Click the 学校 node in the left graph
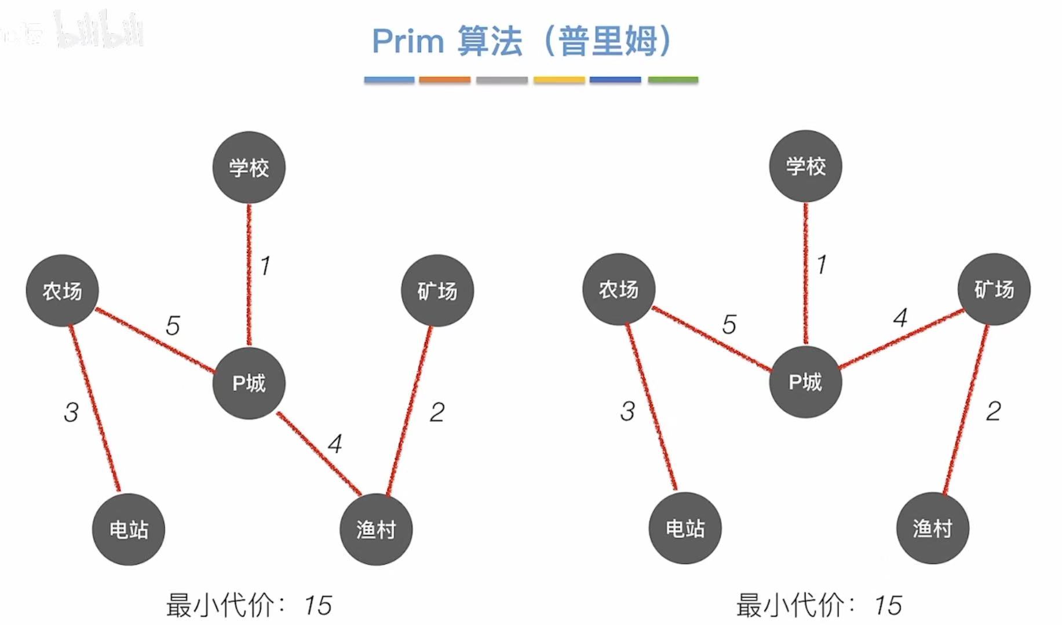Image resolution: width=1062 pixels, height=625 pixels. tap(249, 167)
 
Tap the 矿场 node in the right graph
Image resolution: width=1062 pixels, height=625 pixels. tap(994, 289)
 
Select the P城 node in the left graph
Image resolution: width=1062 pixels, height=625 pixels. tap(249, 382)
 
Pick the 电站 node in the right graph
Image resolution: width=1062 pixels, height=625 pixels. tap(685, 528)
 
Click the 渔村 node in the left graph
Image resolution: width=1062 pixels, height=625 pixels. tap(376, 529)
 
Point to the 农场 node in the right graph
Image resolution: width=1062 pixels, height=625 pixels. tap(619, 289)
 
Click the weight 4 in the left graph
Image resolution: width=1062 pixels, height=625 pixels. tap(335, 444)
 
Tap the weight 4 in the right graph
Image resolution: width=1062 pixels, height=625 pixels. tap(900, 317)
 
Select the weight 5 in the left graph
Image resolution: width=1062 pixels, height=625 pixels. tap(173, 326)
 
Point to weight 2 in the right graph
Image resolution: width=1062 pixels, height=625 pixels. tap(993, 411)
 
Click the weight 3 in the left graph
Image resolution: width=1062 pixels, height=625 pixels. tap(71, 412)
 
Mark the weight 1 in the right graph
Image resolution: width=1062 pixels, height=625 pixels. tap(822, 265)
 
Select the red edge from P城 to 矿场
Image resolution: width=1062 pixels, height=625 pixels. tap(901, 339)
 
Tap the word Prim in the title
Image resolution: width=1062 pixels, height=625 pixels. tap(407, 41)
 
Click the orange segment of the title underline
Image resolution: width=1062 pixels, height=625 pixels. tap(444, 80)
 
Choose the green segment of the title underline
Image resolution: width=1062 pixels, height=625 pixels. tap(673, 80)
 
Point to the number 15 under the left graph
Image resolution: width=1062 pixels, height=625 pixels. tap(317, 606)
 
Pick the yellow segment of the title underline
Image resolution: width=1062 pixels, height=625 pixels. tap(559, 80)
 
